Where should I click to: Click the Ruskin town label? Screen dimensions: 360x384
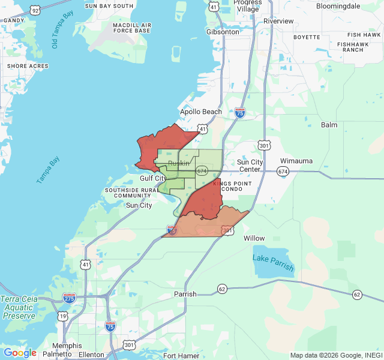pyautogui.click(x=179, y=163)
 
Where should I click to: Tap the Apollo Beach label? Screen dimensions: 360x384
pyautogui.click(x=201, y=112)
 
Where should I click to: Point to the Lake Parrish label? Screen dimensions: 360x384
pyautogui.click(x=274, y=262)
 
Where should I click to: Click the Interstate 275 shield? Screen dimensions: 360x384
pyautogui.click(x=69, y=298)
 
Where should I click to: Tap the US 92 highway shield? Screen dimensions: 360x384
pyautogui.click(x=35, y=11)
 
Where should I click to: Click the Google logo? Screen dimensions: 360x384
pyautogui.click(x=20, y=353)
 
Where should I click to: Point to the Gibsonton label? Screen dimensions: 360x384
pyautogui.click(x=222, y=31)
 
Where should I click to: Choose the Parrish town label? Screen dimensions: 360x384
pyautogui.click(x=185, y=294)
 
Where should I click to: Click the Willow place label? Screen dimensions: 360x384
pyautogui.click(x=254, y=238)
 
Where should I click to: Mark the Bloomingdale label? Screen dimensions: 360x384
pyautogui.click(x=338, y=5)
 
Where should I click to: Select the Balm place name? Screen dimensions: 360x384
pyautogui.click(x=329, y=125)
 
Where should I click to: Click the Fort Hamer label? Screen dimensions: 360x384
pyautogui.click(x=181, y=356)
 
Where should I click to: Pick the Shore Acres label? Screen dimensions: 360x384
pyautogui.click(x=24, y=66)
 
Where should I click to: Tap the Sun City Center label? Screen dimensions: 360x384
pyautogui.click(x=250, y=166)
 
